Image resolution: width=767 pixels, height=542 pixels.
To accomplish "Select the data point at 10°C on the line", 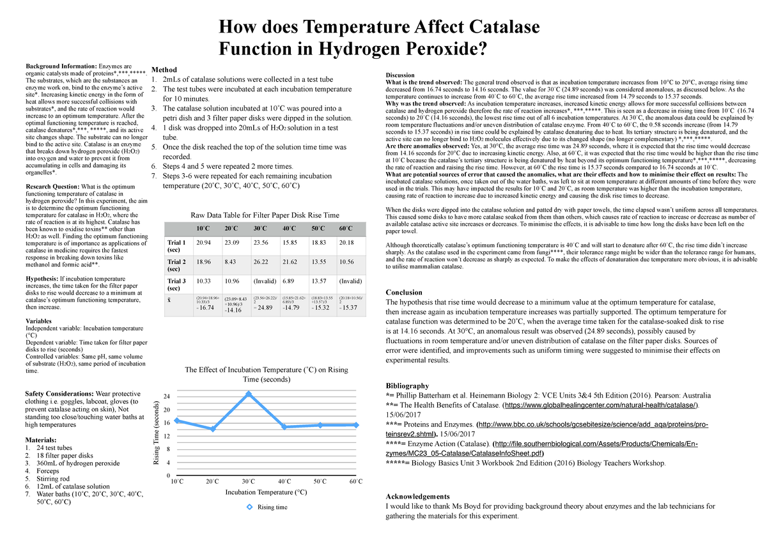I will coord(176,421).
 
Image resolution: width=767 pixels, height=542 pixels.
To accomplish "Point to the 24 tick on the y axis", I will coord(167,396).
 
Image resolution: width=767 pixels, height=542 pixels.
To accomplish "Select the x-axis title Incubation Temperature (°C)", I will coord(266,492).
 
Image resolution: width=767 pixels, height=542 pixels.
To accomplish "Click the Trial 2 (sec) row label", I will coord(176,265).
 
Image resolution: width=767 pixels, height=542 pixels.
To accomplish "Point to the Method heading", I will coord(164,69).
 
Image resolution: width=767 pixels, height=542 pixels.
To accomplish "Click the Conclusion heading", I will coord(408,293).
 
